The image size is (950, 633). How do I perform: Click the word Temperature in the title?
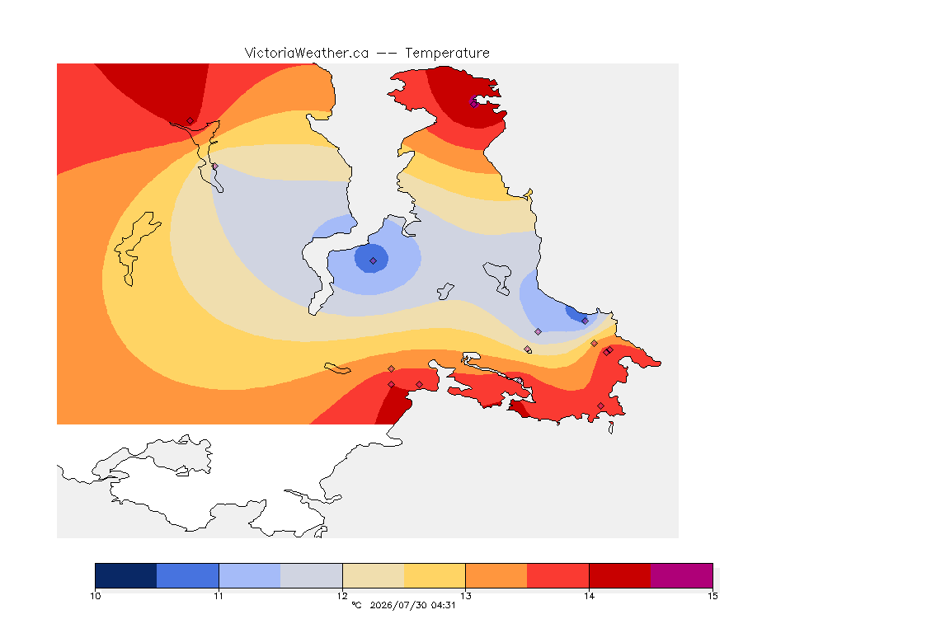[x=447, y=54]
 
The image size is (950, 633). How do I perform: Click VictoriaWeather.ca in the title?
[x=307, y=54]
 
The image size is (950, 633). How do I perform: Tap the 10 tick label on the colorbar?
[x=95, y=596]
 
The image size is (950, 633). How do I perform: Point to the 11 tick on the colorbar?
[x=219, y=596]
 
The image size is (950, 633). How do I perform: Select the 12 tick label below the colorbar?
[x=342, y=596]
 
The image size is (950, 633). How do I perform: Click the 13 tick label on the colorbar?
[x=465, y=596]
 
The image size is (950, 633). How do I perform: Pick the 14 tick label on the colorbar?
[x=589, y=596]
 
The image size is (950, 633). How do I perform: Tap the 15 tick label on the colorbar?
[x=712, y=596]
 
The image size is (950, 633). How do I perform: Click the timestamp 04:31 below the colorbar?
[x=443, y=605]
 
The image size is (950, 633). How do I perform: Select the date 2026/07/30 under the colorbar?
[x=397, y=605]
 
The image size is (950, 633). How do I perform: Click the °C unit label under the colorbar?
[x=356, y=605]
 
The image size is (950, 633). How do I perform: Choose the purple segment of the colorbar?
[x=682, y=575]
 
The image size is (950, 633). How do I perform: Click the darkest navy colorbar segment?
[x=126, y=575]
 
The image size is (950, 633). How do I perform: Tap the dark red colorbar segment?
[x=620, y=575]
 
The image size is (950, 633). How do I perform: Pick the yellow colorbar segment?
[x=435, y=575]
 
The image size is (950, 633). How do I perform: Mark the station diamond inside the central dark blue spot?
[x=374, y=261]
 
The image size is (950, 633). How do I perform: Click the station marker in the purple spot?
[x=474, y=104]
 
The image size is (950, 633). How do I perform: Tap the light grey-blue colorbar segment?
[x=312, y=575]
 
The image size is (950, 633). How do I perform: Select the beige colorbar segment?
[x=374, y=575]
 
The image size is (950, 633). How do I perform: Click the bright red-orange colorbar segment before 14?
[x=558, y=575]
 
